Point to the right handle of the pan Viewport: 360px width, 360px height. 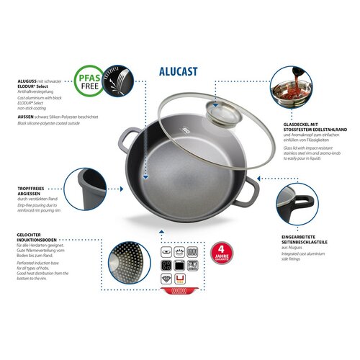252,190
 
